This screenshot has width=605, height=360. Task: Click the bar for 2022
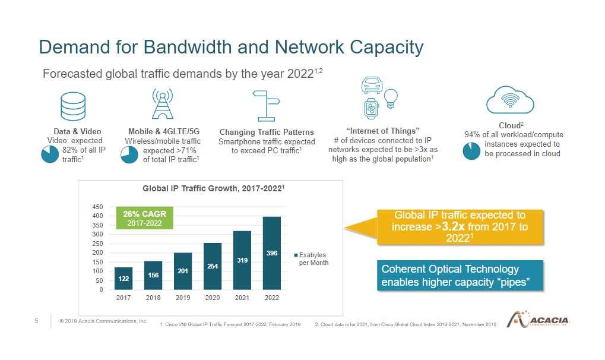pos(272,253)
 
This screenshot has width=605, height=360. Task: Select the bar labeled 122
pos(123,279)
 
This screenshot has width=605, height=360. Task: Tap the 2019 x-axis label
pos(183,298)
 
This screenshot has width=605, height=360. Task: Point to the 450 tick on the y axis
pos(97,207)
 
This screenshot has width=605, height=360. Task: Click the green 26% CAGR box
pos(145,218)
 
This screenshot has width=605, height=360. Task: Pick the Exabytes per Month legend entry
pos(311,259)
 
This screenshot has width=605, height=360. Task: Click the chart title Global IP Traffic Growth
pos(213,188)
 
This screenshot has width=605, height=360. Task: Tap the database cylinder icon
pos(73,106)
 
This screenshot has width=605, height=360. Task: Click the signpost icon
pos(266,106)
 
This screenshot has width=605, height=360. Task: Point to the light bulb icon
pos(391,99)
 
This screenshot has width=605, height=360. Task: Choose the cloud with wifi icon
pos(510,100)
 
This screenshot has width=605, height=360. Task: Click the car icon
pos(372,85)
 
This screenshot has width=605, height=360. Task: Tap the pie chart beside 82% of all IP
pos(50,154)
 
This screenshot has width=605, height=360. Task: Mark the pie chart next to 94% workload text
pos(471,151)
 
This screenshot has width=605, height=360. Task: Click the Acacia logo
pos(538,320)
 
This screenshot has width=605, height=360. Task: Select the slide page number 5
pos(37,321)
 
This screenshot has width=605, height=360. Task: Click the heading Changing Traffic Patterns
pos(267,132)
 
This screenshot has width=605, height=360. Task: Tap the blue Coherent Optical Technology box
pos(460,276)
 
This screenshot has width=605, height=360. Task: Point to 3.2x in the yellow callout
pos(453,226)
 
